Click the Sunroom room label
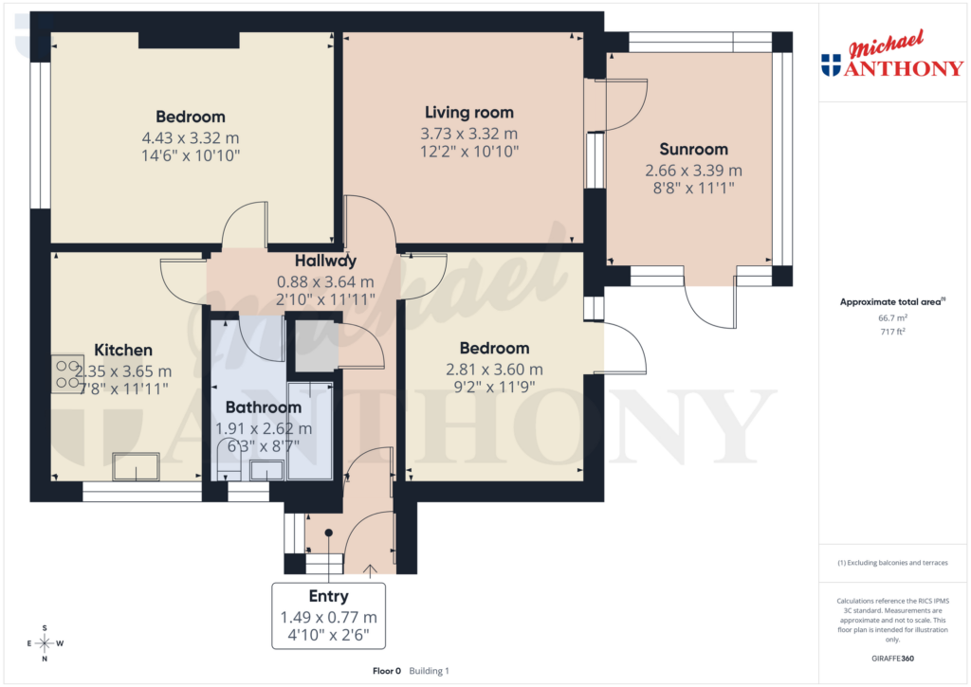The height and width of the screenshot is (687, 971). point(693,149)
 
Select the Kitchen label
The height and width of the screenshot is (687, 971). point(123,351)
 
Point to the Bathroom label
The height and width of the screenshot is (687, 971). point(263,407)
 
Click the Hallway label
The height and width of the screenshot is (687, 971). point(325,262)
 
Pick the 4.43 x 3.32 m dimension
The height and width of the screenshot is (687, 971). point(191,137)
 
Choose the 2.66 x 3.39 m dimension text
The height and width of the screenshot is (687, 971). point(693,171)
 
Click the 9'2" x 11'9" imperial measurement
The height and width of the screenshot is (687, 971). point(494,387)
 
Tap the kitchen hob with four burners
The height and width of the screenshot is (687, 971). point(67,372)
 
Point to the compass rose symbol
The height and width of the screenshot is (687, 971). point(44,643)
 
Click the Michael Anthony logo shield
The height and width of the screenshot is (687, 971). point(831,65)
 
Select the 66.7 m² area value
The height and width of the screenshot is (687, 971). point(890,319)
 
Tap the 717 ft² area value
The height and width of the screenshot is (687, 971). point(890,333)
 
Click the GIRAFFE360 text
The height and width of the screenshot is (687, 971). point(890,658)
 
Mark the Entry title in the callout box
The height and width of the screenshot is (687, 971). point(328,596)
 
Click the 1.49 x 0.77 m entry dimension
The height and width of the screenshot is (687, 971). point(328,617)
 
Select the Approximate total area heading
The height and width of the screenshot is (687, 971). point(889,302)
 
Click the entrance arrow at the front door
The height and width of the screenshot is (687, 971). point(369,569)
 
